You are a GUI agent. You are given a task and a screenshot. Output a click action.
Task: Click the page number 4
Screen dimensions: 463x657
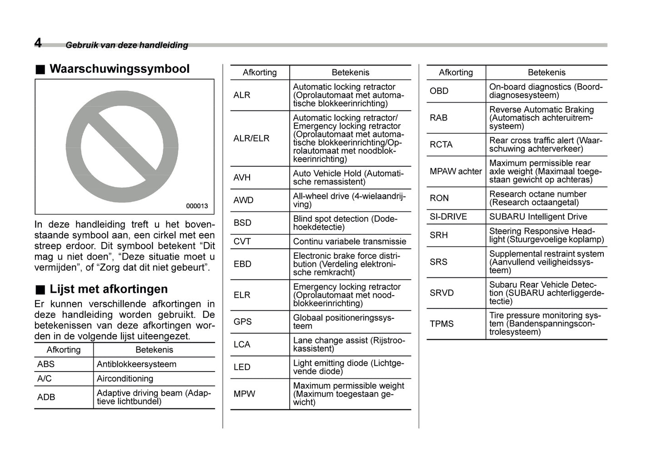tap(38, 43)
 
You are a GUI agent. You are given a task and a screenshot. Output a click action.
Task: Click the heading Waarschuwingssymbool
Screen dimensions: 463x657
tap(119, 69)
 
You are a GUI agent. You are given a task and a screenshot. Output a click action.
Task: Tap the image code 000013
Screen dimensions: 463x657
tap(197, 206)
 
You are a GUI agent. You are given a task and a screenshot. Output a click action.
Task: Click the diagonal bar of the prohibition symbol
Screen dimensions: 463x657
tap(122, 146)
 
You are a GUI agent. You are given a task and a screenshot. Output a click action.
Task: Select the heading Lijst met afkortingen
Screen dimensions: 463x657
tap(108, 289)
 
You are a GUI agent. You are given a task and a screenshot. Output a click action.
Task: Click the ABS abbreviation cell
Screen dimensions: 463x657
tap(46, 364)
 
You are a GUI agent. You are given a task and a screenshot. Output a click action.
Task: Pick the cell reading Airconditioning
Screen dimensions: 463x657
tap(125, 379)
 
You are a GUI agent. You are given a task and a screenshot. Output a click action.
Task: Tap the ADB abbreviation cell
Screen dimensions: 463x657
tap(46, 397)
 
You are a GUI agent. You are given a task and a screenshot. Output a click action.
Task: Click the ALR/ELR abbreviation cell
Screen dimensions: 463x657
tap(251, 138)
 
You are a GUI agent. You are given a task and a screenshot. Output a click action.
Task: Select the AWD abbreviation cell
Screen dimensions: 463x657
tap(243, 200)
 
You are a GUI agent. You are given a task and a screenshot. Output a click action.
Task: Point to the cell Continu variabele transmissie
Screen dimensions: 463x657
tap(349, 242)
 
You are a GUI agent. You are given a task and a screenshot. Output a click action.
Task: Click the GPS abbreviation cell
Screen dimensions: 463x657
tap(242, 322)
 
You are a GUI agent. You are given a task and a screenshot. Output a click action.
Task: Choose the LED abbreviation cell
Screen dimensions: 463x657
tap(242, 367)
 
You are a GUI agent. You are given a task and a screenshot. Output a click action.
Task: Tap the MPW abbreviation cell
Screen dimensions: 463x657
tap(244, 394)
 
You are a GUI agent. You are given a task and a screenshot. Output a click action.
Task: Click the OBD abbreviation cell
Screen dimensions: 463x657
tap(439, 91)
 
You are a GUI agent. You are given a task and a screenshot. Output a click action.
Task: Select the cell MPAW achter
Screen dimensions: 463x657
tap(456, 171)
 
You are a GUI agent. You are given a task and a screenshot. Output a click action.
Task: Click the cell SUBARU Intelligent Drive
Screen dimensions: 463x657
tap(538, 217)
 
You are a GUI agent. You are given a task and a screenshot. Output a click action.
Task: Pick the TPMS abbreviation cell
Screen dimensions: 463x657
tap(441, 324)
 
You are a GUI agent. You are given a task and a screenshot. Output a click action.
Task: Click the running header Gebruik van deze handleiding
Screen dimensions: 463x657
tap(127, 45)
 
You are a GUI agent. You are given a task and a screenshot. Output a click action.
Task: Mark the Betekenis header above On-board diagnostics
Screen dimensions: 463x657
tap(547, 72)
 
